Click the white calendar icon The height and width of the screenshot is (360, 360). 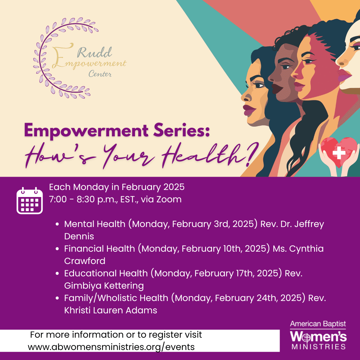(30, 201)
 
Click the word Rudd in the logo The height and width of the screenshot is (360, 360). (94, 52)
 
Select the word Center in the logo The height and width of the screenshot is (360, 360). (100, 74)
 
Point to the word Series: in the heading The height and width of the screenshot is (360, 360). (181, 130)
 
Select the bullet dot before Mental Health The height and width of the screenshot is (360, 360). (57, 224)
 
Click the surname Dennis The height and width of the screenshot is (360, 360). (79, 236)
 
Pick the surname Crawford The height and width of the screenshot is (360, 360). (85, 261)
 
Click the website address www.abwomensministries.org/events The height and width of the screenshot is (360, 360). (111, 347)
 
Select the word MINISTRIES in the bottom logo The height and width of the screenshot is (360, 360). (319, 346)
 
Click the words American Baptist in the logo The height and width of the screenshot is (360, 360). (318, 324)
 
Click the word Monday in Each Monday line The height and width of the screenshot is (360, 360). (91, 187)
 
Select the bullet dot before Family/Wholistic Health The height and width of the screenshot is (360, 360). (57, 298)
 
